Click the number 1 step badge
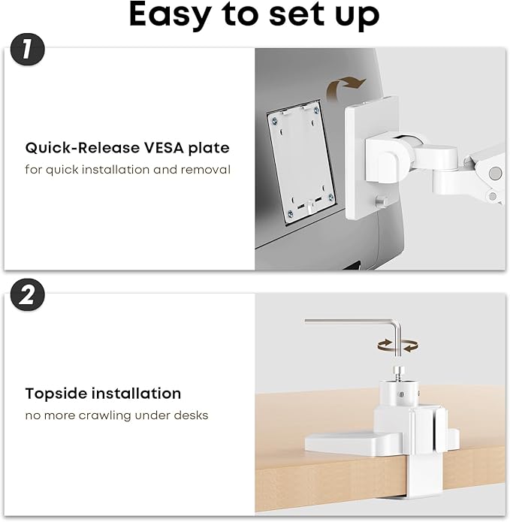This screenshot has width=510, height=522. point(28,51)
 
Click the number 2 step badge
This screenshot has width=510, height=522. point(28,295)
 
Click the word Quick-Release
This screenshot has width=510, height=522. point(77,148)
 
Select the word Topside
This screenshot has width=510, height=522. point(53,394)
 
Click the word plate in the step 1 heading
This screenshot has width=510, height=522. point(209,148)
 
